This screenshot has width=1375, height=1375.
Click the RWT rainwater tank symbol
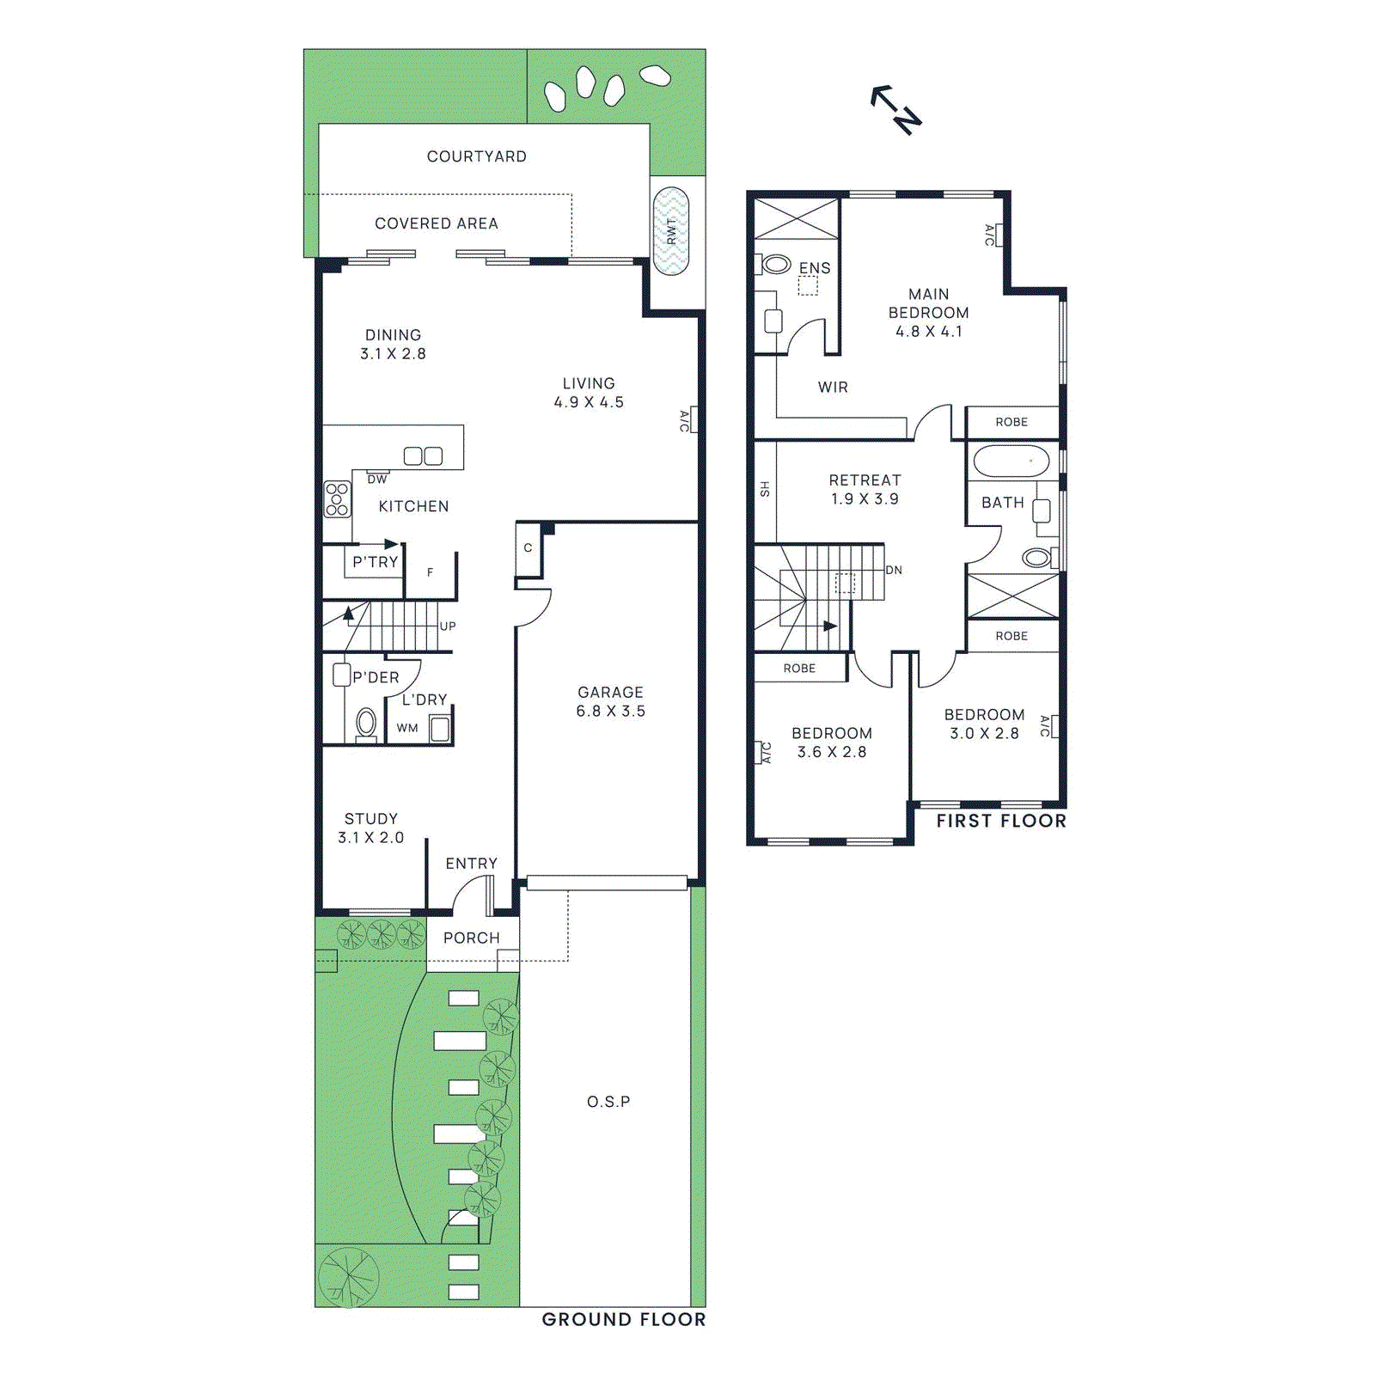tap(670, 230)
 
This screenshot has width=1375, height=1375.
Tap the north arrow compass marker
tap(896, 108)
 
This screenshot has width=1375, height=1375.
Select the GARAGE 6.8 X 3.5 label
tap(610, 701)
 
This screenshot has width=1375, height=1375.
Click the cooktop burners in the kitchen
tap(337, 499)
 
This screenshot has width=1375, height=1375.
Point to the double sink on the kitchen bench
tap(423, 456)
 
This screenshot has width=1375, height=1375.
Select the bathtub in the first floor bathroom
tap(1011, 461)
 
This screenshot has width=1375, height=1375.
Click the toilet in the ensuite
tap(775, 265)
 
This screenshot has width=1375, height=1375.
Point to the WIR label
tap(833, 388)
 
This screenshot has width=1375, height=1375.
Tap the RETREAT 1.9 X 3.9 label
tap(865, 490)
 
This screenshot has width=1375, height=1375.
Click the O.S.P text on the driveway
tap(608, 1102)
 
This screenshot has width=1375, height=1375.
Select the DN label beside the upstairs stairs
tap(894, 571)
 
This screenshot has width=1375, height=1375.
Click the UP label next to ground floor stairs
tap(448, 626)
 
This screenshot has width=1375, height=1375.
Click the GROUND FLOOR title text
tap(624, 1319)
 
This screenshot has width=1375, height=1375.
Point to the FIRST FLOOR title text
tap(1001, 821)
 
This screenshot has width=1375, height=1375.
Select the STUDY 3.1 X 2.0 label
tap(370, 828)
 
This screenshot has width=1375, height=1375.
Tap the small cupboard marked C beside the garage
tap(528, 548)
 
